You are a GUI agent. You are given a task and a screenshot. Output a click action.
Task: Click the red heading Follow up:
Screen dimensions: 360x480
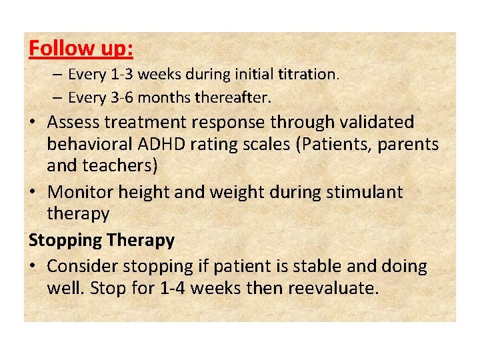81,49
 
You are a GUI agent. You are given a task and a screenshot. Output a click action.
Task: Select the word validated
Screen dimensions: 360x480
376,122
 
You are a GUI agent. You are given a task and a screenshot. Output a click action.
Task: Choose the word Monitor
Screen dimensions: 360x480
80,193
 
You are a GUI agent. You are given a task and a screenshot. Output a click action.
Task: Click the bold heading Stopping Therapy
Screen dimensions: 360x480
101,240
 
